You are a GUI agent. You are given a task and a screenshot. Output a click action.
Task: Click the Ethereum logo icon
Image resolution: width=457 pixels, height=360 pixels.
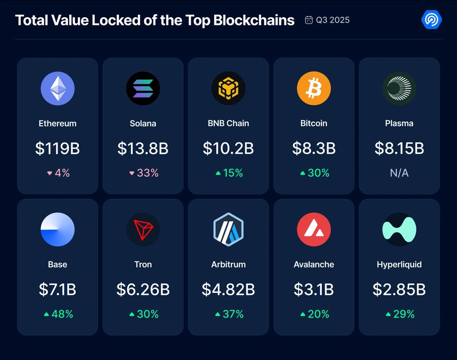(58, 89)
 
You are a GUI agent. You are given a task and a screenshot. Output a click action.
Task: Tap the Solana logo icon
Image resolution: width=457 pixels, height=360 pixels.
(143, 89)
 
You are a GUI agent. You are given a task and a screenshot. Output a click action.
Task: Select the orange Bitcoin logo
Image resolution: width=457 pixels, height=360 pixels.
(314, 89)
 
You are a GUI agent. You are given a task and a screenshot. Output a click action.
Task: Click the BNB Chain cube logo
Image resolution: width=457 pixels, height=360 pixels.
(228, 89)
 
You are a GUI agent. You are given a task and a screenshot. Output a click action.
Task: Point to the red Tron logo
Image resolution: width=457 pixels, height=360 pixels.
(143, 230)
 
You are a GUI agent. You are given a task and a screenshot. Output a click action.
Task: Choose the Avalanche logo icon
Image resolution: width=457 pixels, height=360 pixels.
(314, 230)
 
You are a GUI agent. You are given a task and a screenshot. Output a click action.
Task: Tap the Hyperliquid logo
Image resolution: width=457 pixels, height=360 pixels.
(399, 230)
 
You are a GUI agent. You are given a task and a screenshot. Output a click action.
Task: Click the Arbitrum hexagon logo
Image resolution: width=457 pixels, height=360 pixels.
(228, 230)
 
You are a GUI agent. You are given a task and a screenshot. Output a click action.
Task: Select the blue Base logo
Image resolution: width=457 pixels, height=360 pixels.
(58, 230)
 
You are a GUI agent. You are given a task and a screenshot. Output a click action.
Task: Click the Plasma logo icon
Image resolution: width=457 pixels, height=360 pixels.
(399, 89)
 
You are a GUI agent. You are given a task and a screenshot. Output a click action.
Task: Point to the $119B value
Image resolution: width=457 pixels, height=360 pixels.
(58, 148)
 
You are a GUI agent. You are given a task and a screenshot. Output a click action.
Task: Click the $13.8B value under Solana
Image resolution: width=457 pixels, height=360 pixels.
(143, 148)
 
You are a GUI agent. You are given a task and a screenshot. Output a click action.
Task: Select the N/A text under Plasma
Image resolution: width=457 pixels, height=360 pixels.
(399, 173)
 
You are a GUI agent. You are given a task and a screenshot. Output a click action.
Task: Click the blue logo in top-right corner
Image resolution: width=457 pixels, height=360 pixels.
(431, 20)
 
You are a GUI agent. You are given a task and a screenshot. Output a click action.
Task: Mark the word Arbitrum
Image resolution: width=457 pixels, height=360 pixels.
(228, 265)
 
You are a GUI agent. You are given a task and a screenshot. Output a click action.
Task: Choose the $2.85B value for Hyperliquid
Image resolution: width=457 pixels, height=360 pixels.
(399, 289)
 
